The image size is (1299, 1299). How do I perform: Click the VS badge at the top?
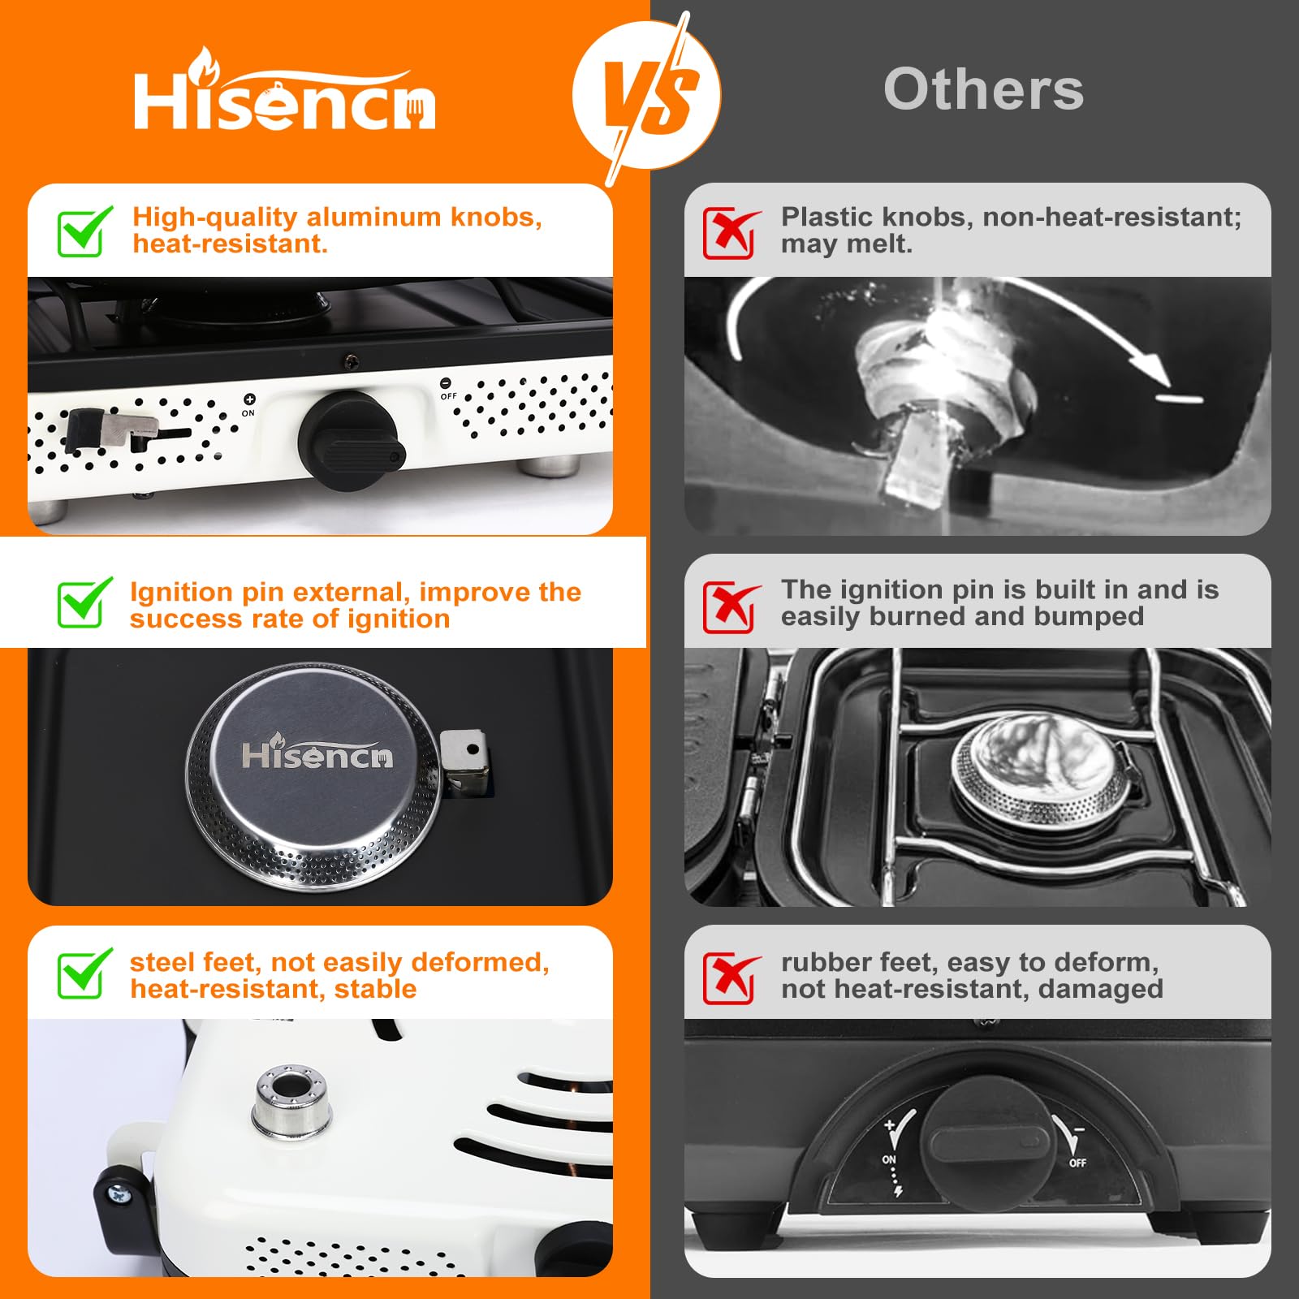[x=646, y=96]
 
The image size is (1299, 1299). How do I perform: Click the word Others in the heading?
[x=983, y=89]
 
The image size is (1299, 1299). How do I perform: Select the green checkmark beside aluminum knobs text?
[x=84, y=231]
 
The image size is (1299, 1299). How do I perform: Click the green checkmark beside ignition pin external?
[x=84, y=602]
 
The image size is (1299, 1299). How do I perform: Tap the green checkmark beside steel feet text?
[x=84, y=973]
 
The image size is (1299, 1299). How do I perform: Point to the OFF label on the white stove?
[x=448, y=396]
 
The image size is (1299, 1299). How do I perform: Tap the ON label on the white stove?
[x=248, y=413]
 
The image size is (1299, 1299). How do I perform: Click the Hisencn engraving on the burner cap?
[x=317, y=754]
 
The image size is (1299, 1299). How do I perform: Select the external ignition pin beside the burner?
[x=465, y=762]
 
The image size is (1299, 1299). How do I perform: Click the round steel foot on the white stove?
[x=291, y=1101]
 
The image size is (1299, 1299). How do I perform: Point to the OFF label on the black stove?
[x=1077, y=1163]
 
